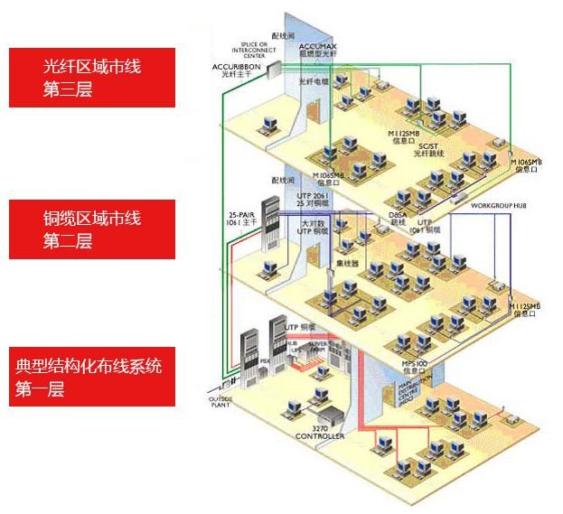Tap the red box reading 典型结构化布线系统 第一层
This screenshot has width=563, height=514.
(x=93, y=378)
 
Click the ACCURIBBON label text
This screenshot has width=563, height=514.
(x=235, y=68)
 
